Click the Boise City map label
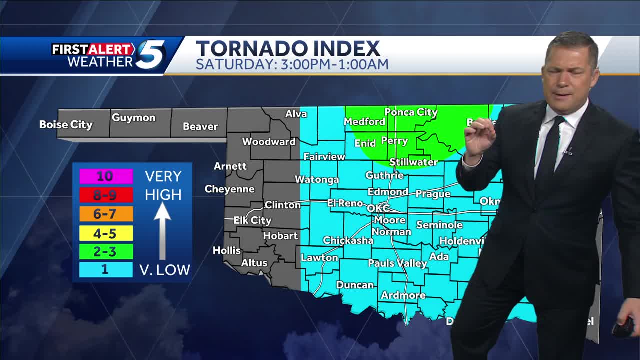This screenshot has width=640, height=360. point(66,125)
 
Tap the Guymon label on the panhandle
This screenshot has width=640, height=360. point(133,118)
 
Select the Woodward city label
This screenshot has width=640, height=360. point(269,142)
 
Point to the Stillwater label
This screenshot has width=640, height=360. point(413,162)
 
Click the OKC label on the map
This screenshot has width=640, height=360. point(378,208)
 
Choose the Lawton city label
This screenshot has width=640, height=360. point(319,258)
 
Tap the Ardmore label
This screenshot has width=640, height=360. point(403,295)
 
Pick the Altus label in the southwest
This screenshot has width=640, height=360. point(254,263)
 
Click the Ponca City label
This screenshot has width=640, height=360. point(411,112)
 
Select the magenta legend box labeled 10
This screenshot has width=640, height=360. point(106,176)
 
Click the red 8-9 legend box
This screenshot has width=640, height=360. point(106,195)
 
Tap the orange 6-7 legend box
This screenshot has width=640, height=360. point(106,214)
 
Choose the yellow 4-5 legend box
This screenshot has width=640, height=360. point(106,233)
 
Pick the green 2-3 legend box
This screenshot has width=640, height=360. point(106,251)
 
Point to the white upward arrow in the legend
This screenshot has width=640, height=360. point(162,230)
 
